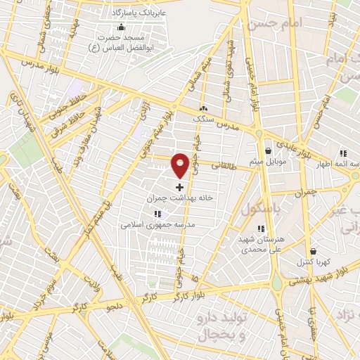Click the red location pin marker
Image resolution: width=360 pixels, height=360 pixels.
[180, 164]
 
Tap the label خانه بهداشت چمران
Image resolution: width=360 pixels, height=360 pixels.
[179, 199]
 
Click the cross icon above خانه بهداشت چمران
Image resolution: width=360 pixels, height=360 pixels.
[180, 188]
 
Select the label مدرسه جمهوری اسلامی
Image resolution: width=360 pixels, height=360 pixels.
[157, 225]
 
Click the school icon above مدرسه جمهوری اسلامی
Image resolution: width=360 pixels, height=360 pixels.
[157, 214]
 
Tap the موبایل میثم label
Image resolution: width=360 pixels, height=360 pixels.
[268, 162]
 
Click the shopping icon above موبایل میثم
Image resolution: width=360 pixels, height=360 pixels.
[268, 151]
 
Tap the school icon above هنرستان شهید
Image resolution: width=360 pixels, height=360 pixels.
[261, 229]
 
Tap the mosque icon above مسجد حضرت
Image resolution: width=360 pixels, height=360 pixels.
[121, 27]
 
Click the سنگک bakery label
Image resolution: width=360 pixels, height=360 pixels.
[204, 120]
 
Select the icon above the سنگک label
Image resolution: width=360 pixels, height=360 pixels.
[204, 109]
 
